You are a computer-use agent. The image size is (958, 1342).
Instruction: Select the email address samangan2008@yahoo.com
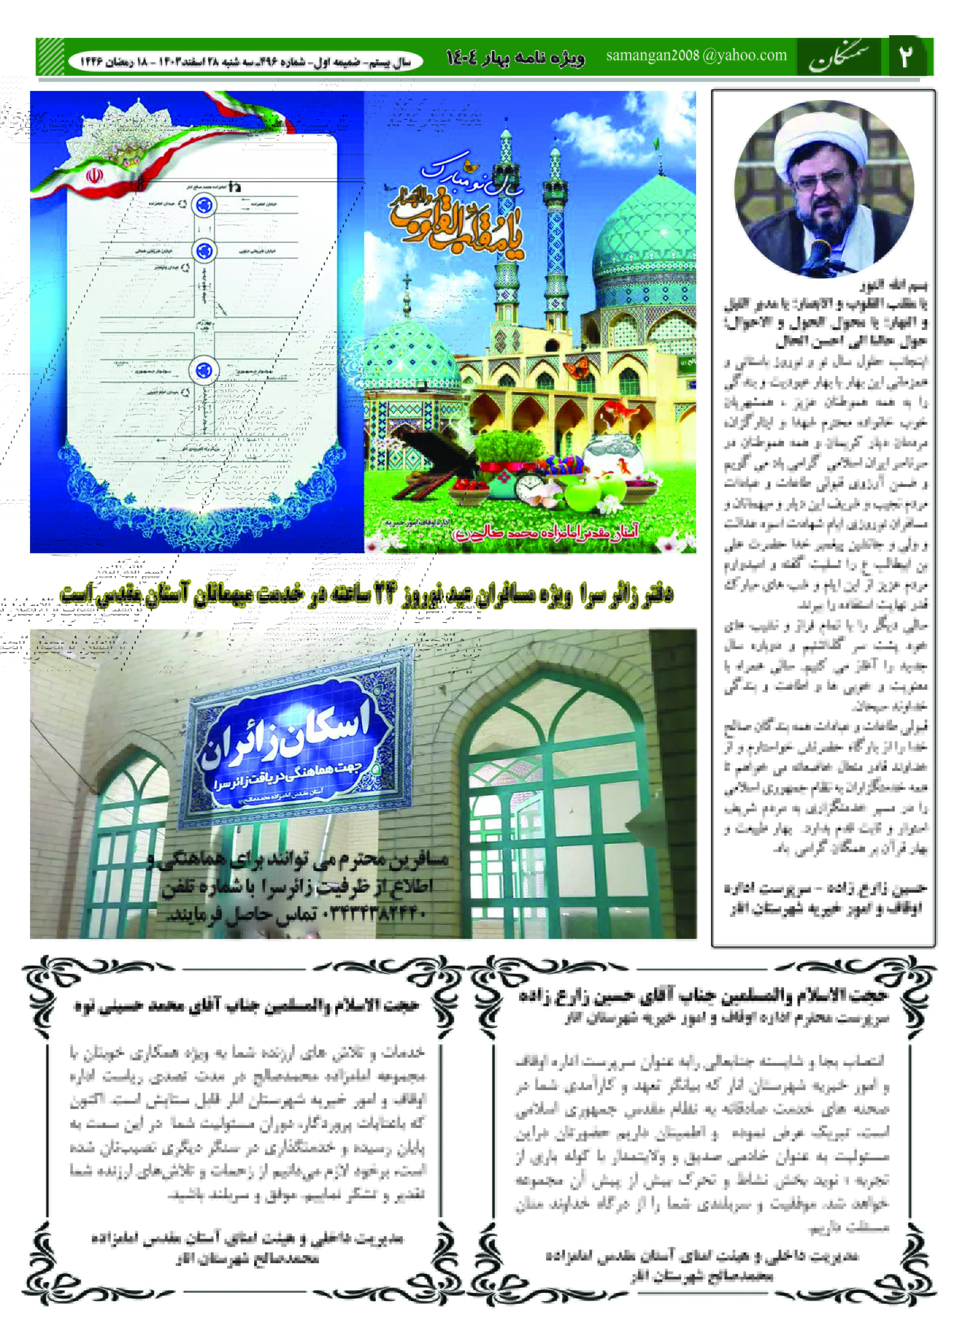pos(696,55)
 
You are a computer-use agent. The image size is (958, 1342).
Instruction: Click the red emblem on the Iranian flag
pos(94,175)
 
